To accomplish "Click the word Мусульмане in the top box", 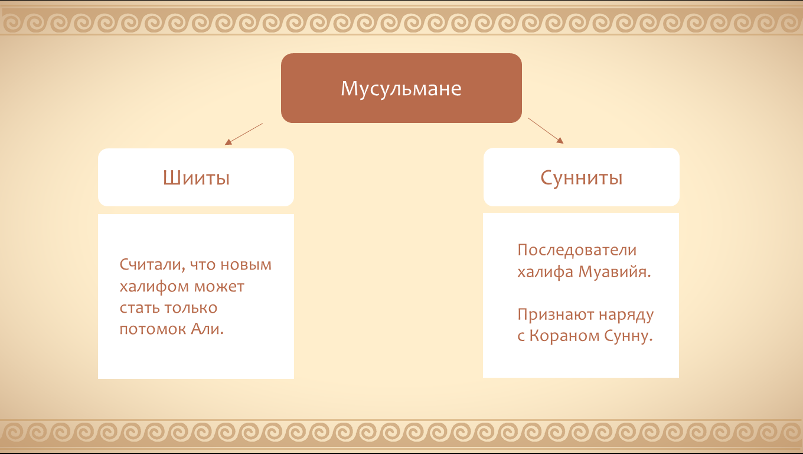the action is pos(401,89).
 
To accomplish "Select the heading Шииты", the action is pos(196,178).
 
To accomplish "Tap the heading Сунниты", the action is pos(581,178).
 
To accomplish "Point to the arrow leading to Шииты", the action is pos(244,134).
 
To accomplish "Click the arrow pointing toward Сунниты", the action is pos(546,131).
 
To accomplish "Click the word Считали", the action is pos(152,265).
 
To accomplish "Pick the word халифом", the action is pos(154,286).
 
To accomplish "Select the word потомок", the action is pos(152,329).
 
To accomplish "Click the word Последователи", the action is pos(577,250).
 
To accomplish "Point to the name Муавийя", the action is pos(615,271).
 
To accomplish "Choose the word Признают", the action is pos(556,314).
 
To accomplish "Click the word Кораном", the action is pos(564,336).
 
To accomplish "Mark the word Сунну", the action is pos(628,336).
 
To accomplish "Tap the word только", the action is pos(191,307).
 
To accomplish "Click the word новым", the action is pos(246,265).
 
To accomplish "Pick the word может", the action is pos(219,287).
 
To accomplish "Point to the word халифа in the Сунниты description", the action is pos(545,272).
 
